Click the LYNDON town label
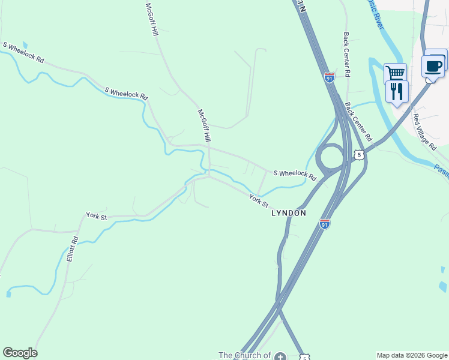coord(289,213)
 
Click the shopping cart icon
coord(395,73)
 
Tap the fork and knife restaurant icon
coord(396,91)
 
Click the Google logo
coord(20,353)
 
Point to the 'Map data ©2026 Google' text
coord(411,355)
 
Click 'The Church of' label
coord(244,355)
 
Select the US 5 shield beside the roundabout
coord(359,155)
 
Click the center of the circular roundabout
coord(330,159)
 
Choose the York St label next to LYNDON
coord(259,200)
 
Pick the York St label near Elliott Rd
coord(96,215)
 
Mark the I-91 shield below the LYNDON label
coord(325,224)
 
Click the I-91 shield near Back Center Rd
coord(329,77)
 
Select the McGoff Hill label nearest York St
coord(205,125)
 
